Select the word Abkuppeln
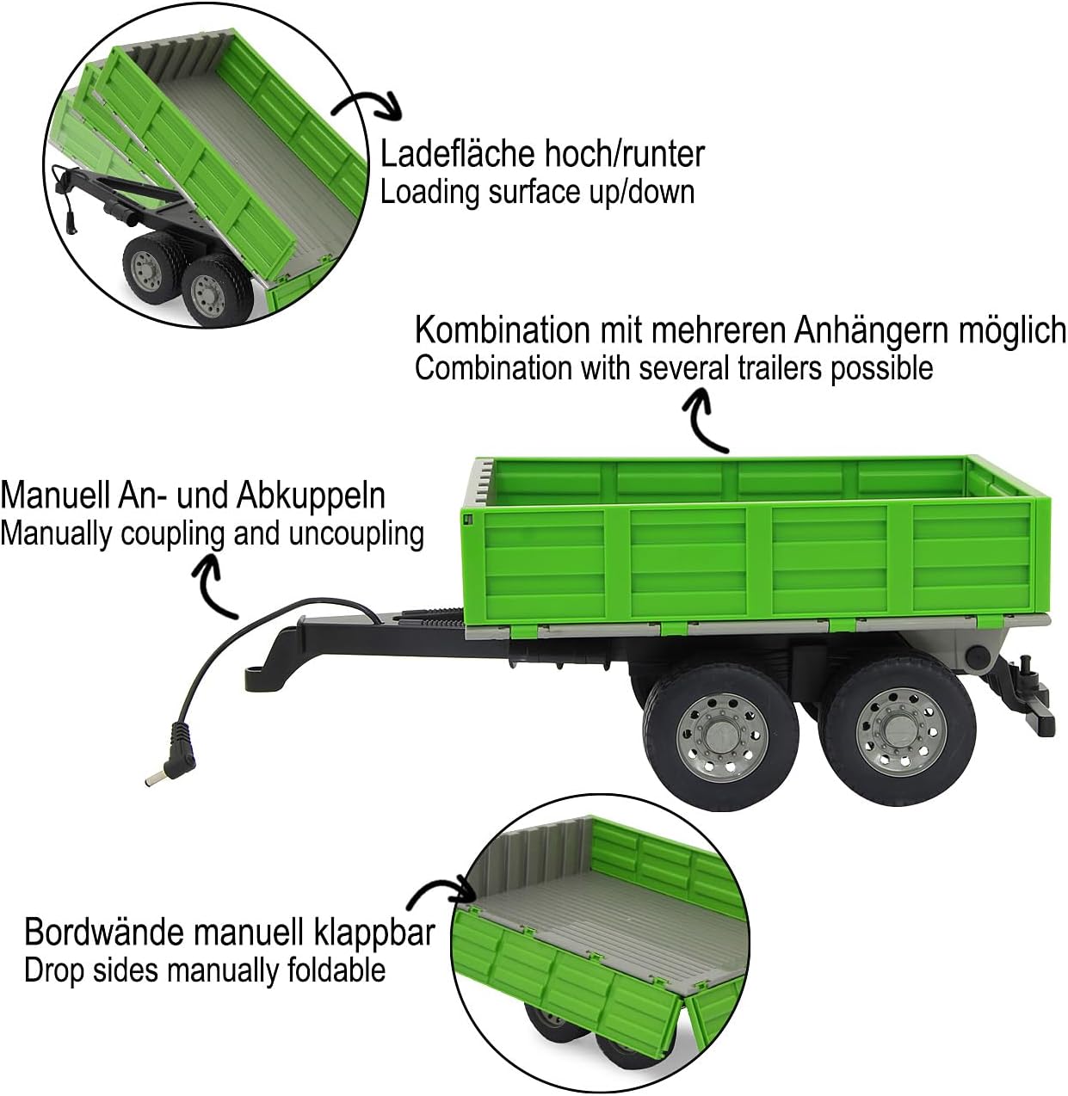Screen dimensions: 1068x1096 311,497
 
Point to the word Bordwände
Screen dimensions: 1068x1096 104,932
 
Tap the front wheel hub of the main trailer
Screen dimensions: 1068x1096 721,736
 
